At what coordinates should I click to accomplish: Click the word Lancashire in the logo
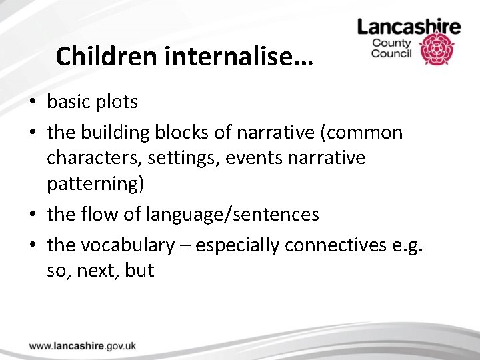pos(409,27)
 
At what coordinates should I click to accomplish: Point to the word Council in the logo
pos(393,54)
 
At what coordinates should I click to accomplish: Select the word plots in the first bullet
pos(117,102)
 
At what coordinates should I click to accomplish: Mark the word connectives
pos(333,245)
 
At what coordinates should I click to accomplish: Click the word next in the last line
pos(95,271)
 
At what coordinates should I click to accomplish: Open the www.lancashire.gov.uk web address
pos(83,345)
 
